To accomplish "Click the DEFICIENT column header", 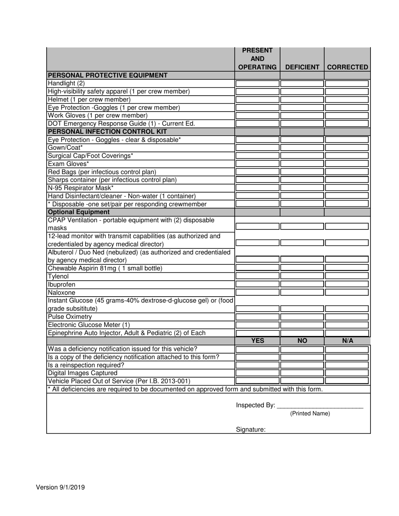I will point(302,67).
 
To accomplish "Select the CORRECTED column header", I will point(347,67).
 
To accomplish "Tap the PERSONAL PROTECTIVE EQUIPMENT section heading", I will point(108,76).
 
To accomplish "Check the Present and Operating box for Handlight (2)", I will point(257,83).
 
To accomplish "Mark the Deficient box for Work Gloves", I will point(302,115).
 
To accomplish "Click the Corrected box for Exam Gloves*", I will point(347,164).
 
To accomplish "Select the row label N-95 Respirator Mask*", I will point(81,188).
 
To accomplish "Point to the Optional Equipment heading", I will point(79,212).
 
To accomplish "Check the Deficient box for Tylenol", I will point(302,276).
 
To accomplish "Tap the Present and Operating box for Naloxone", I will point(257,292).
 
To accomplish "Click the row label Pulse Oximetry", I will point(70,317).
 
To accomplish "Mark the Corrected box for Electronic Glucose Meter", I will point(347,325).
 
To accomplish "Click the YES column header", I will point(257,341).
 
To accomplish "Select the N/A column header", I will point(347,341).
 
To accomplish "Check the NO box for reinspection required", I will point(302,365).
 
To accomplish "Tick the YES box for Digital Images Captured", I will point(257,373).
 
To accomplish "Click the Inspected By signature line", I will point(320,406).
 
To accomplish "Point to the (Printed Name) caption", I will point(310,414).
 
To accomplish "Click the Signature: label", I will point(251,430).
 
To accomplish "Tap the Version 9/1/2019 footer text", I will point(60,487).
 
